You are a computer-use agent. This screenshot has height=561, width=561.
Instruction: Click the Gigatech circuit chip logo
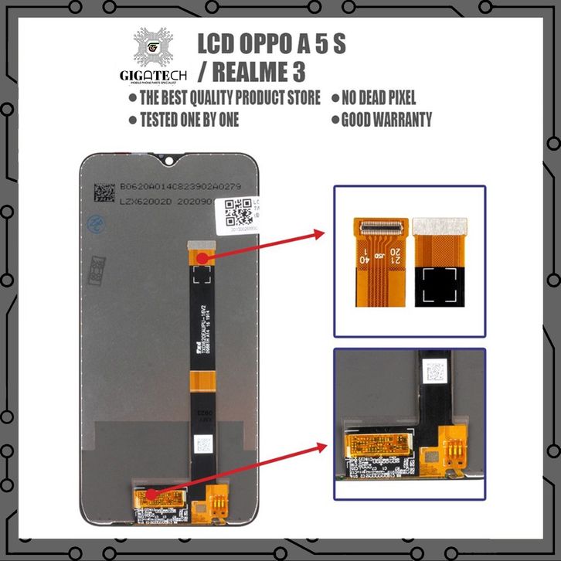click(153, 50)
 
